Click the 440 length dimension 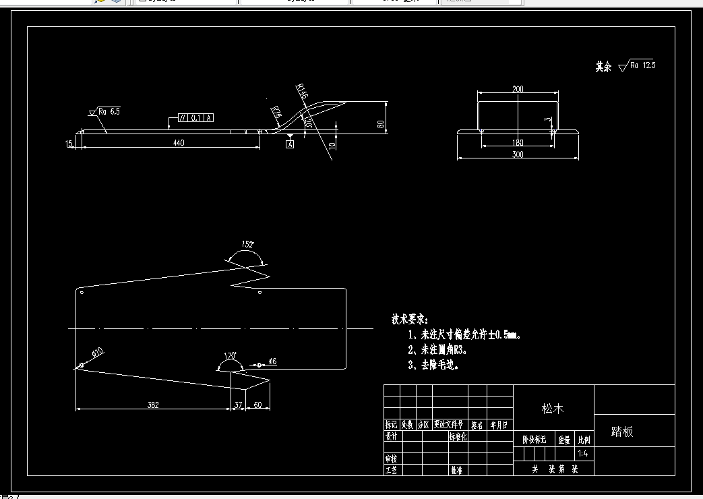(x=178, y=142)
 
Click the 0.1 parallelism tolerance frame (x=195, y=117)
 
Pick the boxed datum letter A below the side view (x=290, y=144)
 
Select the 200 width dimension (x=518, y=89)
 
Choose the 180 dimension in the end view (x=518, y=142)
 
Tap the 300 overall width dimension (x=518, y=154)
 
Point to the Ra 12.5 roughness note (x=642, y=65)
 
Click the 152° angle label (x=248, y=245)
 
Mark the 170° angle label (x=231, y=355)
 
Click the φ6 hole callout (x=272, y=362)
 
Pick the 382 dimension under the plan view (x=153, y=405)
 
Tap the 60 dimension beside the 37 (x=257, y=405)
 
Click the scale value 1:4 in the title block (x=583, y=453)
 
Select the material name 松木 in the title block (x=553, y=408)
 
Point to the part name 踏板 (x=622, y=432)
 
